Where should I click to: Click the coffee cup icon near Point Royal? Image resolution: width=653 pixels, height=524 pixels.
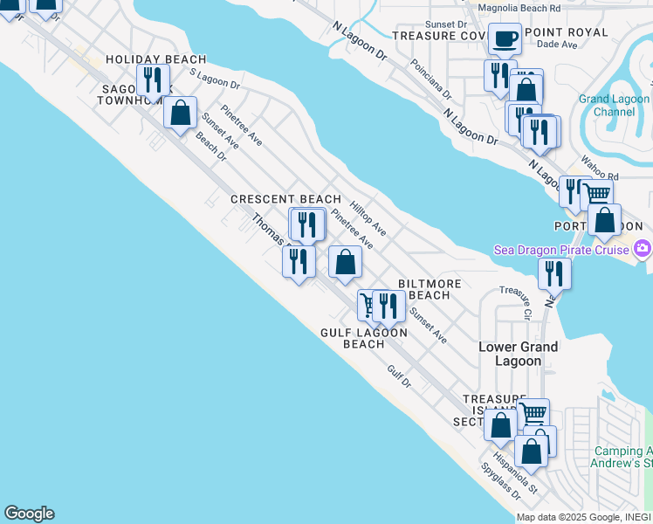coord(505,38)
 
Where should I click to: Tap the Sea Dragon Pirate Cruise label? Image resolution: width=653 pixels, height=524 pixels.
coord(561,251)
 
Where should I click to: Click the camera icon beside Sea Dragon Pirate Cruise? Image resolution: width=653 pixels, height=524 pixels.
coord(643,249)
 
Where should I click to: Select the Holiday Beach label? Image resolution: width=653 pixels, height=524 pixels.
coord(155,59)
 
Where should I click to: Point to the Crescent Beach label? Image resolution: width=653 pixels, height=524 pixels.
coord(285,199)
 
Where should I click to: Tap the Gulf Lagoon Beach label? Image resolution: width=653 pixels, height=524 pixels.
coord(363,338)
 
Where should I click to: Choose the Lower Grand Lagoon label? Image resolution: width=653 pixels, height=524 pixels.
coord(518,353)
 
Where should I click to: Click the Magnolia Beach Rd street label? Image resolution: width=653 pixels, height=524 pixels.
coord(519,8)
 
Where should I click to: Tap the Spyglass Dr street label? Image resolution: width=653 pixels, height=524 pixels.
coord(500,481)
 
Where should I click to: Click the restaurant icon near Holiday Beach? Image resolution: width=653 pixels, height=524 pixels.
coord(155,79)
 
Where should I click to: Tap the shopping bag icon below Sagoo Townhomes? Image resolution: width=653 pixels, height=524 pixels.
coord(180,113)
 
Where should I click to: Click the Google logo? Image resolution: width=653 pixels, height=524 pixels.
coord(29,514)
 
